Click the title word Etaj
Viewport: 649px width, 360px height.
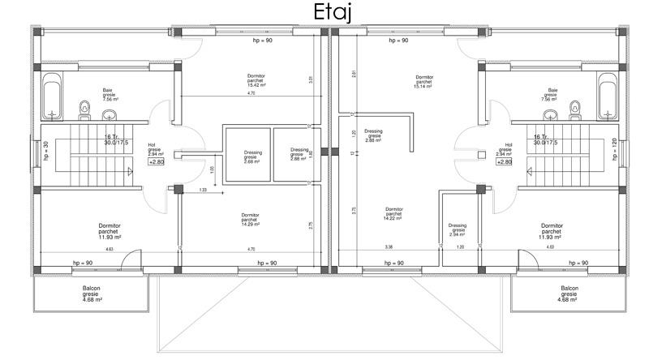click(325, 14)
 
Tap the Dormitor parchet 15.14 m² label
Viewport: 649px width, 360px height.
click(422, 81)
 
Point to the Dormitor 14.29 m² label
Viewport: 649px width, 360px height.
click(251, 220)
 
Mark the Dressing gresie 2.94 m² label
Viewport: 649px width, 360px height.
click(457, 229)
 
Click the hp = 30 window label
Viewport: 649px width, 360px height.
click(46, 152)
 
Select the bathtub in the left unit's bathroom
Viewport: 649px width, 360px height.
click(52, 96)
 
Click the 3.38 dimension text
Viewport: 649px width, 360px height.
click(389, 247)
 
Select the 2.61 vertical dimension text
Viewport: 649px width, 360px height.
click(354, 75)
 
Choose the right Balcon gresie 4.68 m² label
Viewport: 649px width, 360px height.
click(567, 294)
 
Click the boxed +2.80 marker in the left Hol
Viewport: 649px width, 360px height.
click(156, 162)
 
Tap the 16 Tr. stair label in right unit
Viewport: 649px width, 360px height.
click(536, 138)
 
